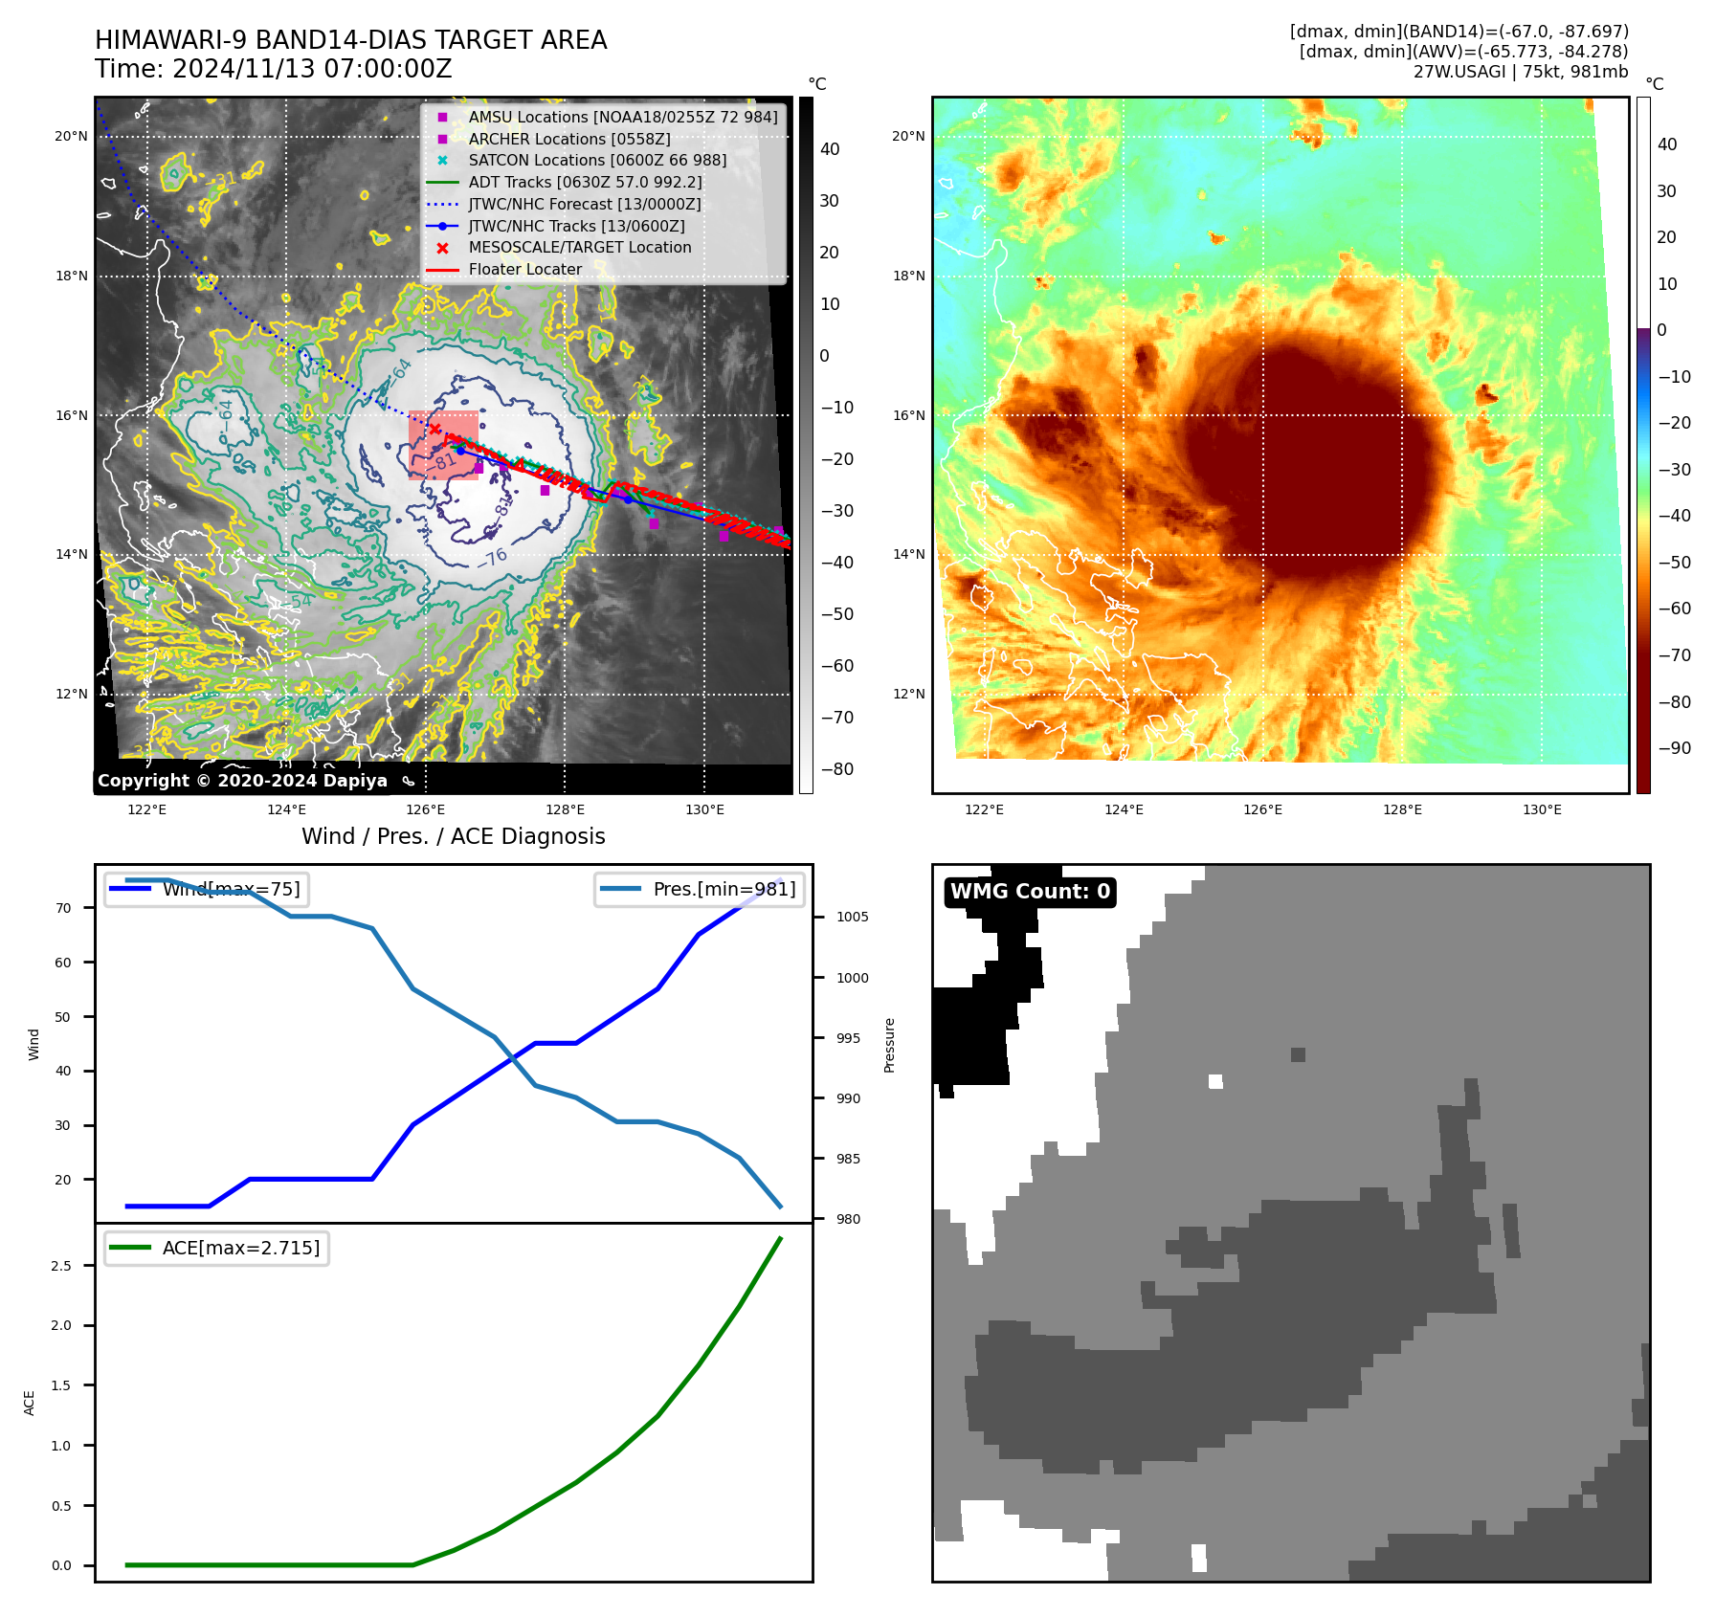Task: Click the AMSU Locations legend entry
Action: tap(622, 117)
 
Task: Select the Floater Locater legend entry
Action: tap(524, 270)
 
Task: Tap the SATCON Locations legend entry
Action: tap(597, 161)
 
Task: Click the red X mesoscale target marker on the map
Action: tap(435, 430)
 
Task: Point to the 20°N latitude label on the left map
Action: tap(71, 137)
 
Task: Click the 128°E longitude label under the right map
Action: tap(1402, 810)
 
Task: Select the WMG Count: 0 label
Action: tap(1030, 892)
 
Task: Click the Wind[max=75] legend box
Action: tap(207, 889)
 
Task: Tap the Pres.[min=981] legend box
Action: tap(700, 889)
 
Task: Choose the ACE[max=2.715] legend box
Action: tap(216, 1248)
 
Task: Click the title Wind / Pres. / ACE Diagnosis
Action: tap(454, 837)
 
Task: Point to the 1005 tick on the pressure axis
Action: tap(852, 917)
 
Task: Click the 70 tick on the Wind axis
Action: tap(63, 908)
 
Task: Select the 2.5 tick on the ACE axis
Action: tap(61, 1266)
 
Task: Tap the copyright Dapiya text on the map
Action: tap(242, 781)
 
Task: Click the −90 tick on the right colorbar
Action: tap(1674, 748)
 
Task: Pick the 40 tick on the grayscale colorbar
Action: tap(830, 149)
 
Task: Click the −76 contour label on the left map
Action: tap(493, 557)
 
